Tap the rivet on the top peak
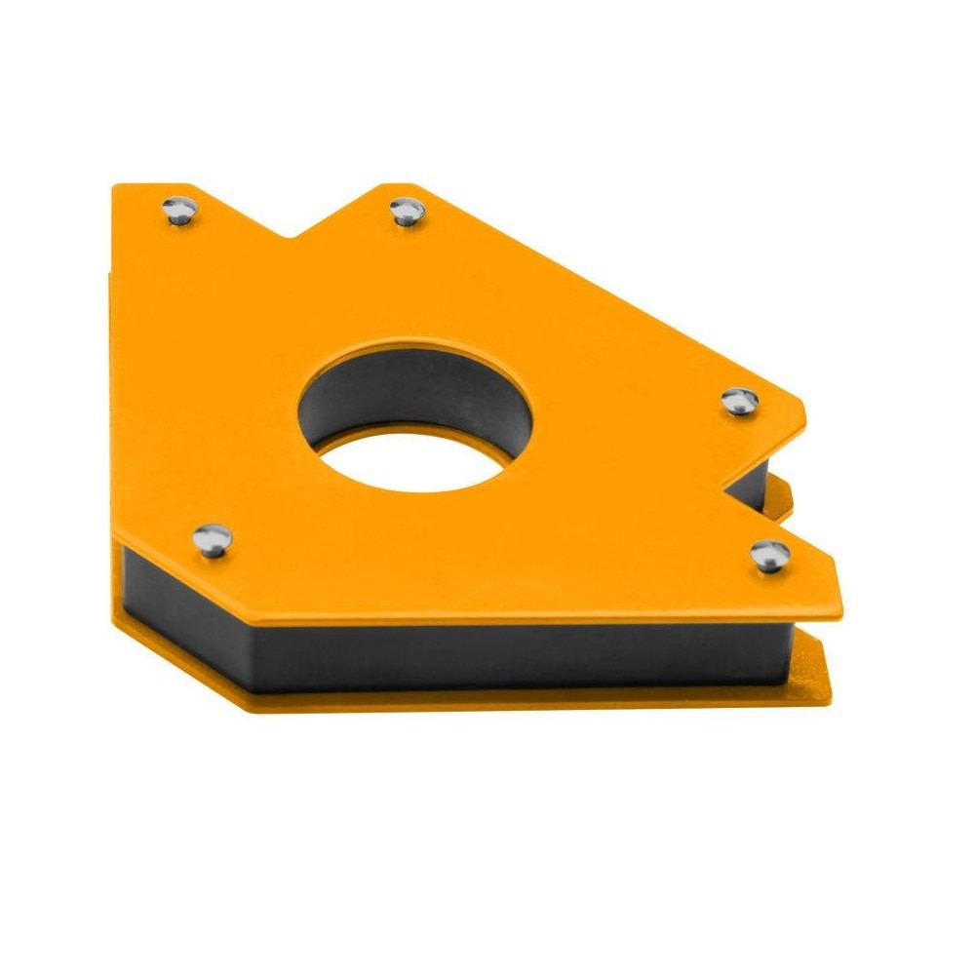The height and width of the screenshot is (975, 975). pos(407,211)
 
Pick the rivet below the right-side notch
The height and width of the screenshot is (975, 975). pos(769,555)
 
